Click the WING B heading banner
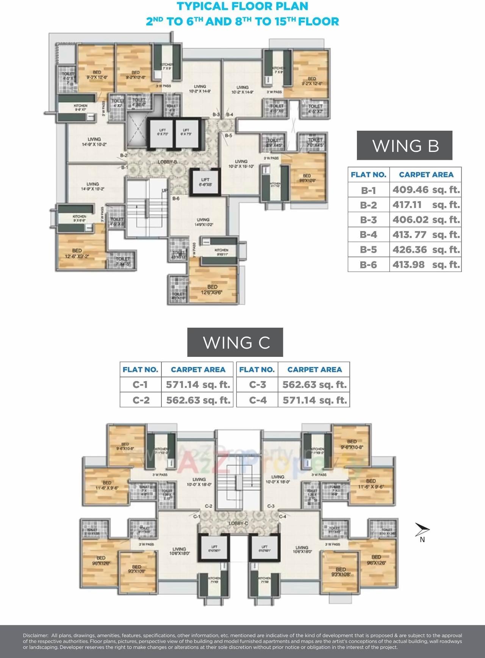[x=404, y=146]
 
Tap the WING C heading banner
[x=235, y=342]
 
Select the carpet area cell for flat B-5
[x=426, y=250]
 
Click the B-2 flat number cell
[x=368, y=205]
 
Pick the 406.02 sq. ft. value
[x=426, y=220]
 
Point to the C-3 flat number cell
[x=257, y=385]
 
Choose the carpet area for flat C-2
[x=198, y=400]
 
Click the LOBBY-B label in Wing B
[x=167, y=162]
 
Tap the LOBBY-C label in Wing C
[x=238, y=524]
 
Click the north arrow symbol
[x=422, y=530]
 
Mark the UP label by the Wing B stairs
[x=164, y=191]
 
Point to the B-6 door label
[x=176, y=198]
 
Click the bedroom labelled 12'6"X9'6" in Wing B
[x=212, y=289]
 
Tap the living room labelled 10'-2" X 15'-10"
[x=241, y=164]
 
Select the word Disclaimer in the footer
[x=36, y=636]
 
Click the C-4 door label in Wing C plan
[x=283, y=516]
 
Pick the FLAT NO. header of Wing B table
[x=368, y=175]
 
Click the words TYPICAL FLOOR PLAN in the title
[x=243, y=6]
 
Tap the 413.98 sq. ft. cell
[x=426, y=265]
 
